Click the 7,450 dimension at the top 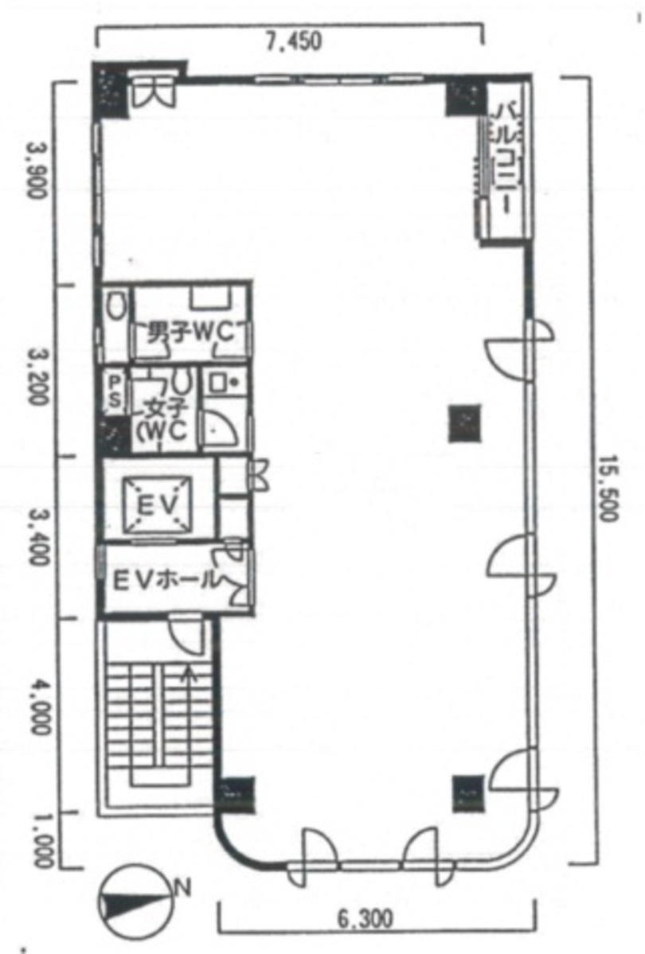tap(292, 41)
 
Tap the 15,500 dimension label tap(608, 489)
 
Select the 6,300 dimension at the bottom tap(365, 919)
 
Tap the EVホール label tap(166, 580)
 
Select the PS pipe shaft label tap(115, 391)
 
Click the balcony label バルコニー tap(505, 158)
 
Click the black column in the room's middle tap(465, 422)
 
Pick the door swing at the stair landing tap(186, 634)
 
